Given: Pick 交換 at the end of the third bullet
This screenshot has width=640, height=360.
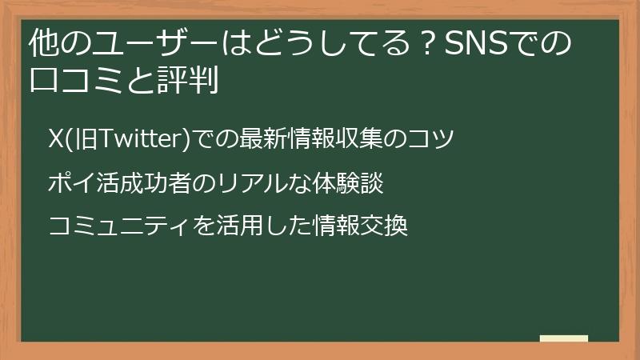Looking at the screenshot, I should tap(386, 227).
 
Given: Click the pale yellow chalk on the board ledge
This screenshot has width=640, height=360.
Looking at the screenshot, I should tap(564, 339).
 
